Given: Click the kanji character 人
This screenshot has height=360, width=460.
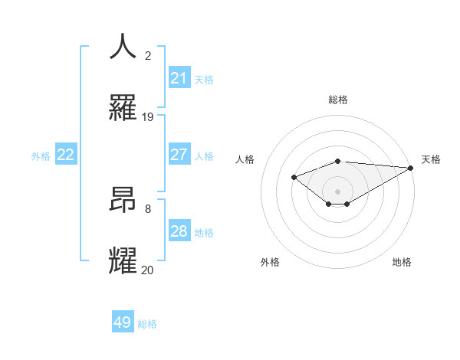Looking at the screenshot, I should point(124,47).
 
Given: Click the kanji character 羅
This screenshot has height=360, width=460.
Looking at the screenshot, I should point(124,108).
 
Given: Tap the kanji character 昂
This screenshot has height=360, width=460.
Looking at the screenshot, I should point(124,200).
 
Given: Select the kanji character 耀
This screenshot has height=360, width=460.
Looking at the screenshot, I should point(124,261).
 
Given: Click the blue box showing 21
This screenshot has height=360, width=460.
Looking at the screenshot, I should point(179,78).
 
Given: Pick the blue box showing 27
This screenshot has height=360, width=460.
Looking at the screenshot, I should point(179,155).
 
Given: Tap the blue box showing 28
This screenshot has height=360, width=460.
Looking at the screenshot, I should point(179,231).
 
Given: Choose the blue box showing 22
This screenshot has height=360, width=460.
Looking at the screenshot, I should point(66,155).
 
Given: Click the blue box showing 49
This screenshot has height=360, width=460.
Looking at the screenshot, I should point(123,322).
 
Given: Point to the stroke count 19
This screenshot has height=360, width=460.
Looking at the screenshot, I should point(148,117).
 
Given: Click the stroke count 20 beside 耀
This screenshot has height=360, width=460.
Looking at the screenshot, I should point(147,270).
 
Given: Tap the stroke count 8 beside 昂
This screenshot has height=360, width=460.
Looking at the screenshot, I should point(148,208).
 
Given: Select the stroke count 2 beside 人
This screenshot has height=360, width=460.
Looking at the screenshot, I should point(148,56).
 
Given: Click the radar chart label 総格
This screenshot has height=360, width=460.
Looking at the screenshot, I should point(337,100).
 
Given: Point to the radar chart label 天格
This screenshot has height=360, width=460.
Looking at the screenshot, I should point(431,159).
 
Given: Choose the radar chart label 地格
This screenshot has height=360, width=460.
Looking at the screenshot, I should point(402,262).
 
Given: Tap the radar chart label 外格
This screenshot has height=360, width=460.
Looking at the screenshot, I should point(270,262).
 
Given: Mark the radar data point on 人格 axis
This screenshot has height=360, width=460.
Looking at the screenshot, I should point(294,177).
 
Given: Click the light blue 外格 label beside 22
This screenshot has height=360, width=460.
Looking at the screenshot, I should point(41,155).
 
